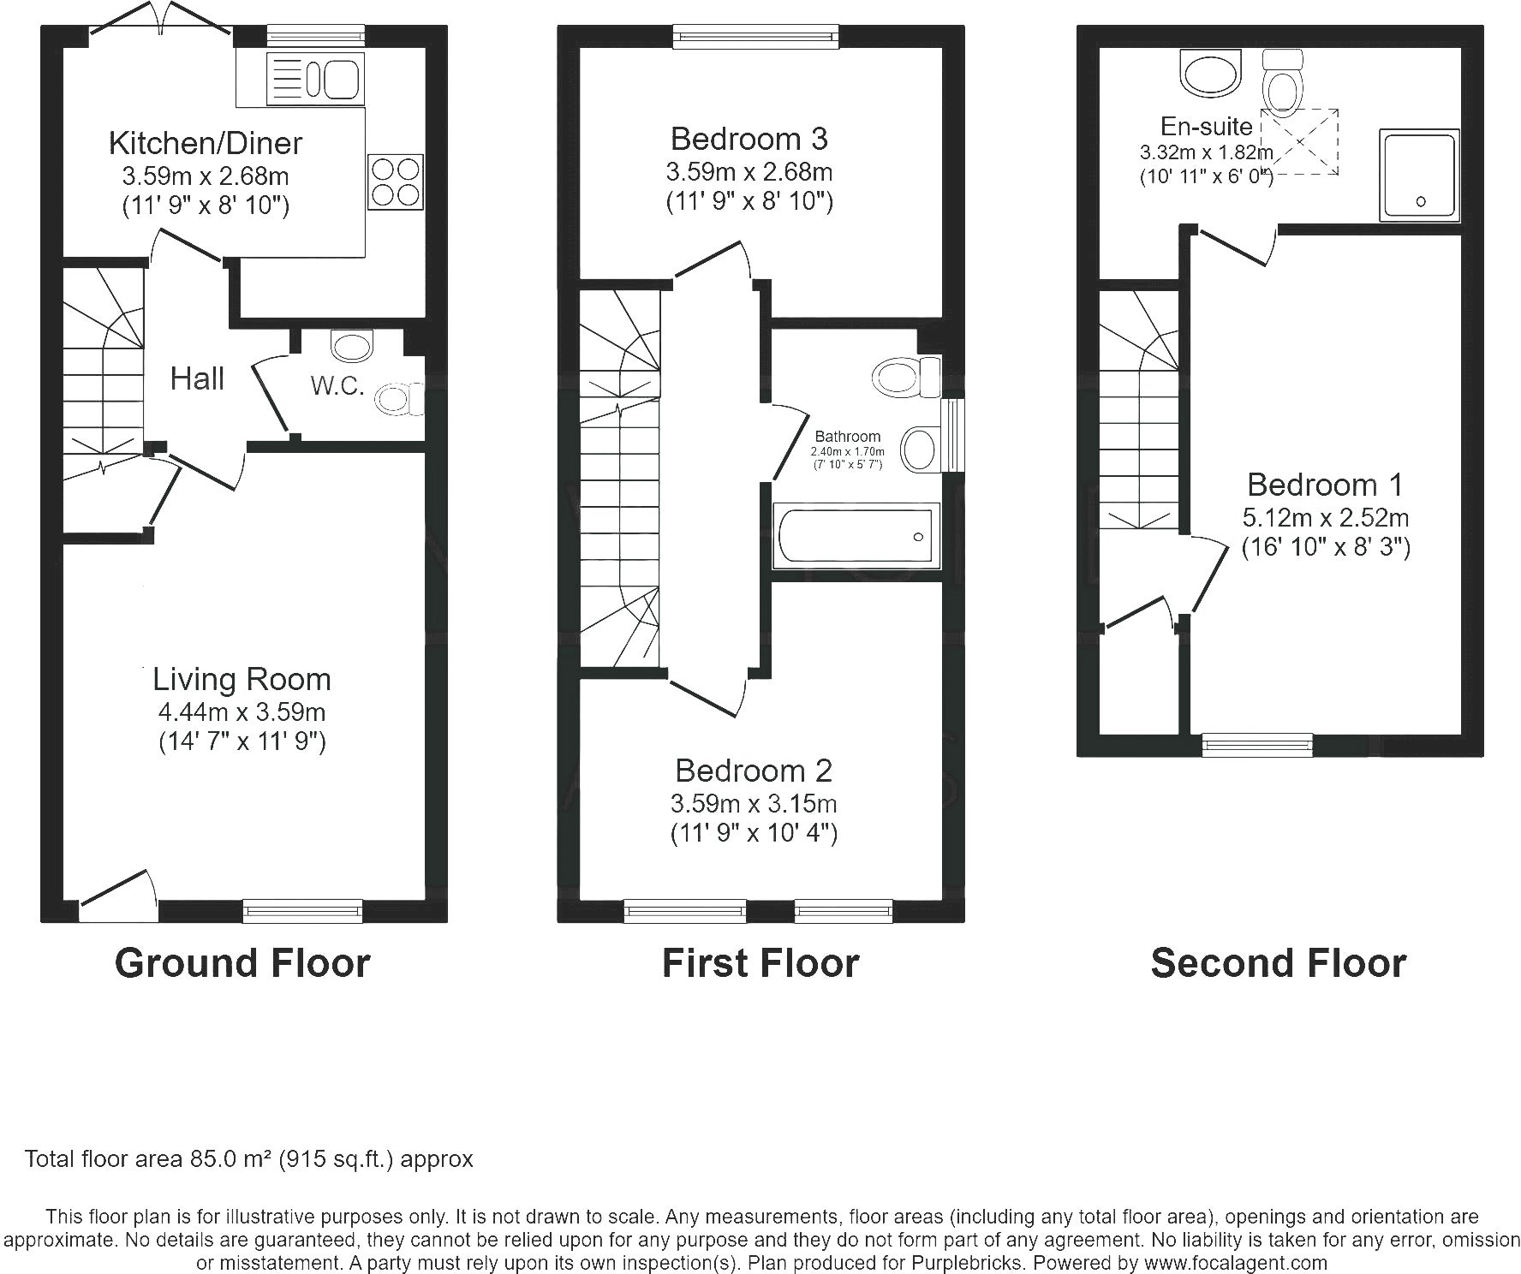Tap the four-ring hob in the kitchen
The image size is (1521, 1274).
396,182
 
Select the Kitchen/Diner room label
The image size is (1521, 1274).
206,143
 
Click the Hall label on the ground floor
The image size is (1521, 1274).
197,378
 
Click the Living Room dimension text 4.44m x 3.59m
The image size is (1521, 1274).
242,711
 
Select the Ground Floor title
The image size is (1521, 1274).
242,963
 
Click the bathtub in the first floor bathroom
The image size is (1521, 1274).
856,536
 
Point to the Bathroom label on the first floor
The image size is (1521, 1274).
848,437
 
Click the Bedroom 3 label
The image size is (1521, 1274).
749,138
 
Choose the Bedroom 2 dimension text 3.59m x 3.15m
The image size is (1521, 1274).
754,804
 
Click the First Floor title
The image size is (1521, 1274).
760,963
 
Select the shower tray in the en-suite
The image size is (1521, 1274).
1418,175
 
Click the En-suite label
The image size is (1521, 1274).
1207,127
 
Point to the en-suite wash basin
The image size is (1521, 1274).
1210,72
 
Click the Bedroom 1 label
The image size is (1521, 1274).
1326,485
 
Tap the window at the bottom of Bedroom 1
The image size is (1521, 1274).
1257,745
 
